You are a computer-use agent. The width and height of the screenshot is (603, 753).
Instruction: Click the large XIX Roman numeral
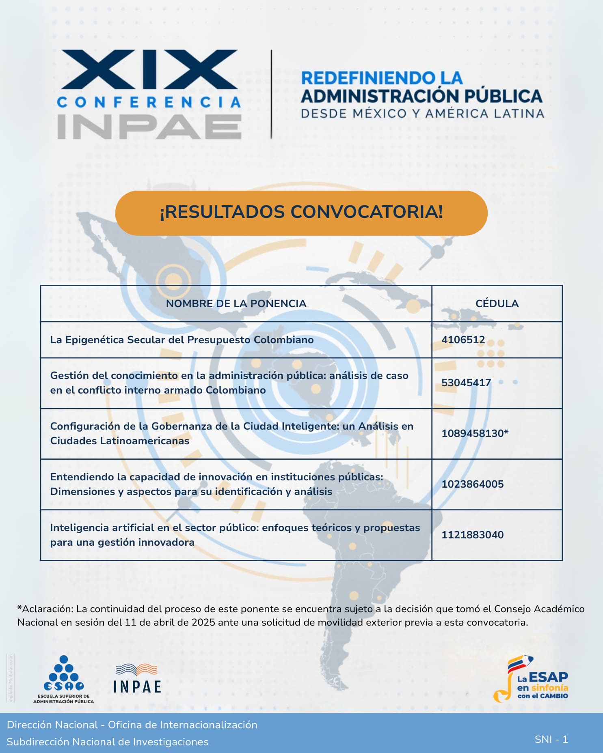pyautogui.click(x=149, y=69)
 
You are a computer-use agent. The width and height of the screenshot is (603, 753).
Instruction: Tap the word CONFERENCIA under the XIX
pyautogui.click(x=149, y=102)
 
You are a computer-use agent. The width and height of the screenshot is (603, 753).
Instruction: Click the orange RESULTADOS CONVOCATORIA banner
pyautogui.click(x=301, y=213)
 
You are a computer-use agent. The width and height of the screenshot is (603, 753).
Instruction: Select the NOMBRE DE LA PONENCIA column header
pyautogui.click(x=236, y=303)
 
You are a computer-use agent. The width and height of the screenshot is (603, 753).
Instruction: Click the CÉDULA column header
pyautogui.click(x=497, y=303)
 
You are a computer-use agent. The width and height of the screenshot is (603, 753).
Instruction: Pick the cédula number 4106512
pyautogui.click(x=463, y=340)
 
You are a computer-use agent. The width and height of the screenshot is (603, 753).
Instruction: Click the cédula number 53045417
pyautogui.click(x=466, y=383)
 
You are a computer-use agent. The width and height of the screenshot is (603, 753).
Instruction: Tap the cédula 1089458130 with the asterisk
pyautogui.click(x=475, y=433)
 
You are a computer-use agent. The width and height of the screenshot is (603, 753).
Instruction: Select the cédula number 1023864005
pyautogui.click(x=472, y=484)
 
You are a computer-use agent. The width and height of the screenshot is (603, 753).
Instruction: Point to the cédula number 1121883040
pyautogui.click(x=472, y=535)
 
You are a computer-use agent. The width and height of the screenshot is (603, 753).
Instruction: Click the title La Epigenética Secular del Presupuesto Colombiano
pyautogui.click(x=182, y=340)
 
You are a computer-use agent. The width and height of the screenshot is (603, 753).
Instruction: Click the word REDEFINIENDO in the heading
pyautogui.click(x=362, y=78)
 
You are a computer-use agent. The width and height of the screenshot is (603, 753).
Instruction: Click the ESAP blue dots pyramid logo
pyautogui.click(x=64, y=674)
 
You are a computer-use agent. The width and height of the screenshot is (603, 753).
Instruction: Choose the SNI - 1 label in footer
pyautogui.click(x=551, y=739)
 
